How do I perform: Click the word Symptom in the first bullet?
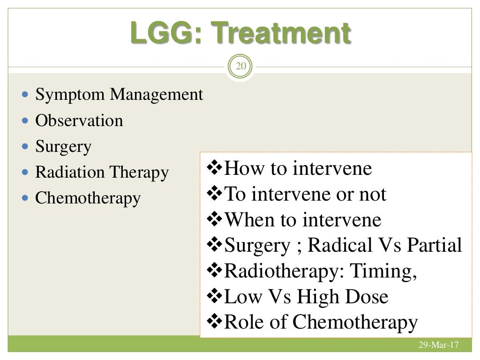pyautogui.click(x=70, y=95)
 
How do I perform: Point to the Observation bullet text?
pyautogui.click(x=79, y=121)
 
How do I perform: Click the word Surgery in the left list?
pyautogui.click(x=63, y=147)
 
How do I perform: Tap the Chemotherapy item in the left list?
pyautogui.click(x=88, y=198)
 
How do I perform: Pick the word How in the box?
pyautogui.click(x=241, y=169)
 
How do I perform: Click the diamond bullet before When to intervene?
pyautogui.click(x=215, y=220)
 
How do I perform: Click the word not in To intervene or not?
pyautogui.click(x=374, y=194)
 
